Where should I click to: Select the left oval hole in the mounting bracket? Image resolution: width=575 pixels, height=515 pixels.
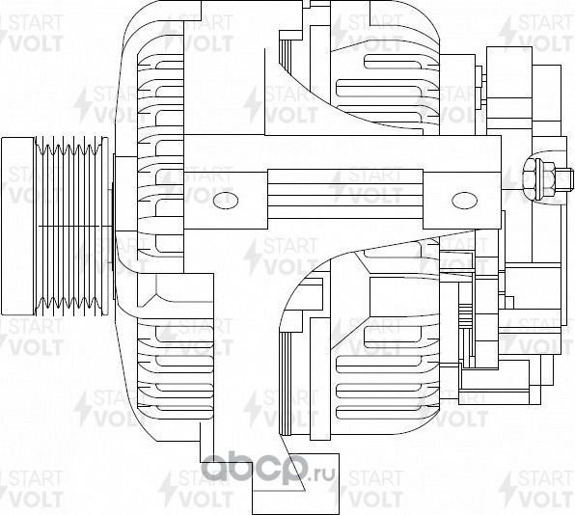coord(226,200)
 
